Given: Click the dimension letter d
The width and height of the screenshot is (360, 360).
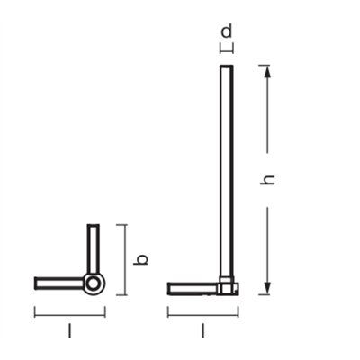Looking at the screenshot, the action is [227, 31].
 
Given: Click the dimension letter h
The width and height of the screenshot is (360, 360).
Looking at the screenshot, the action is [268, 180].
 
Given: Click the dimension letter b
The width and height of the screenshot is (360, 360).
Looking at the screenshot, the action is [140, 260].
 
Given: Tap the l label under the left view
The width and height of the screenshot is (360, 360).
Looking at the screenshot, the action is [69, 330].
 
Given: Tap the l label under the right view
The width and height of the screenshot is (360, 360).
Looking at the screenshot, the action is [203, 330].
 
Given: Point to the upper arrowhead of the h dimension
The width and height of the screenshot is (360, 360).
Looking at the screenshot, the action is [267, 72].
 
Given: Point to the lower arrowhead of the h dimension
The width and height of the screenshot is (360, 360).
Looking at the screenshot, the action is [267, 288].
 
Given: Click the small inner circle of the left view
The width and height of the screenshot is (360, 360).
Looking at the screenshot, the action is [93, 283].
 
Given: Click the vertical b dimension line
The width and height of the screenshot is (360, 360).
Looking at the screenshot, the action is [125, 260].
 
